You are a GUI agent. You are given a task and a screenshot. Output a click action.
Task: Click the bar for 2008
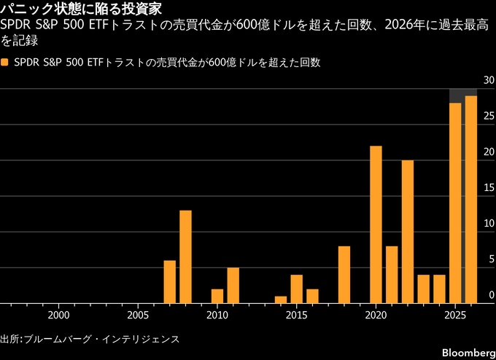click(x=185, y=257)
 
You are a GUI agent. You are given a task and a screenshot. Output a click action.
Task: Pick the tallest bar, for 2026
click(x=471, y=200)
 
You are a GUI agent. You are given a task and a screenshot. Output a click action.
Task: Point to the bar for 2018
click(x=344, y=275)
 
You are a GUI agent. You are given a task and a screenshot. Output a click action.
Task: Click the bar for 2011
click(x=233, y=285)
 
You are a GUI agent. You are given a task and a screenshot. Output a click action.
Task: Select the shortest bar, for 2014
click(x=281, y=300)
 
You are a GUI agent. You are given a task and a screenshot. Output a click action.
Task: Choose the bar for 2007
click(x=169, y=281)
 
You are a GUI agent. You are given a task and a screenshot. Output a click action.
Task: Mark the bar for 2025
click(x=455, y=203)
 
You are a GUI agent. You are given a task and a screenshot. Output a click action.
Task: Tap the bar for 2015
click(x=296, y=289)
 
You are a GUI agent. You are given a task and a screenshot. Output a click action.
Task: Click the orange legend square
click(x=5, y=63)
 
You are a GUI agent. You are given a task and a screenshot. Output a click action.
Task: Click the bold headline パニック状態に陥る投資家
click(x=80, y=9)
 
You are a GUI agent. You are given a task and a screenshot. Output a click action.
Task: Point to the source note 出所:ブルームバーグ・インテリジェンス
click(x=89, y=340)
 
